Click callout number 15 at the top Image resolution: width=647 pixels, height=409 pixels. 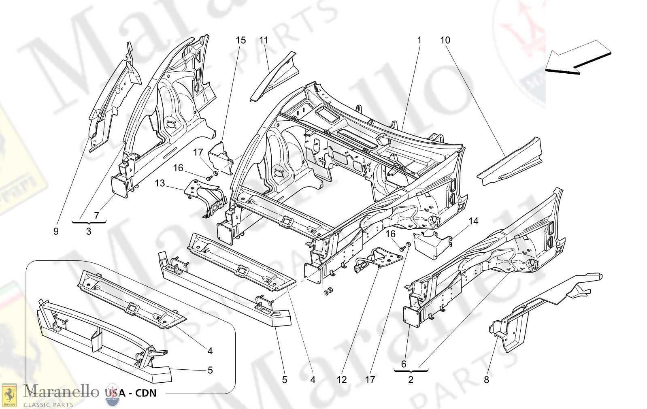[x=240, y=40]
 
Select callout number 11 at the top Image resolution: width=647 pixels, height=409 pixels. [x=264, y=40]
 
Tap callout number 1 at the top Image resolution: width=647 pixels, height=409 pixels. [x=419, y=40]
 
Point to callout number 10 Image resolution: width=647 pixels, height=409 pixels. [x=445, y=40]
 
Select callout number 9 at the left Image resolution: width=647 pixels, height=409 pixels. [x=56, y=231]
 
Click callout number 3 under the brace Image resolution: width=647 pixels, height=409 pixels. [x=89, y=232]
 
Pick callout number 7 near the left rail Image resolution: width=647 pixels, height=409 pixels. [x=96, y=215]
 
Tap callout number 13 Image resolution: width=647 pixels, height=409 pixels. [x=160, y=183]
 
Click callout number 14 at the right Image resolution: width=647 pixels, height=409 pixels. [x=473, y=221]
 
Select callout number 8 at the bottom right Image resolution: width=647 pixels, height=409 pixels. [x=486, y=380]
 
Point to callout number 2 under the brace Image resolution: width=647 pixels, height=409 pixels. [x=411, y=380]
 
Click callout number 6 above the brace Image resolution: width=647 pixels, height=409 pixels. [x=403, y=364]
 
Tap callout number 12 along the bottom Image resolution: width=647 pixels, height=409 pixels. [x=342, y=380]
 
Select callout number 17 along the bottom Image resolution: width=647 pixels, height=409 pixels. [x=370, y=380]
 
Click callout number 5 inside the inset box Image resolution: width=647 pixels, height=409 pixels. [x=210, y=370]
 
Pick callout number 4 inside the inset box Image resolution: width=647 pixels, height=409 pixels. [x=210, y=351]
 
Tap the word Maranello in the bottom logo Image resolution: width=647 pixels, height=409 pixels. [x=61, y=391]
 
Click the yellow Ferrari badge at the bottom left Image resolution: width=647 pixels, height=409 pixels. [x=9, y=395]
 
